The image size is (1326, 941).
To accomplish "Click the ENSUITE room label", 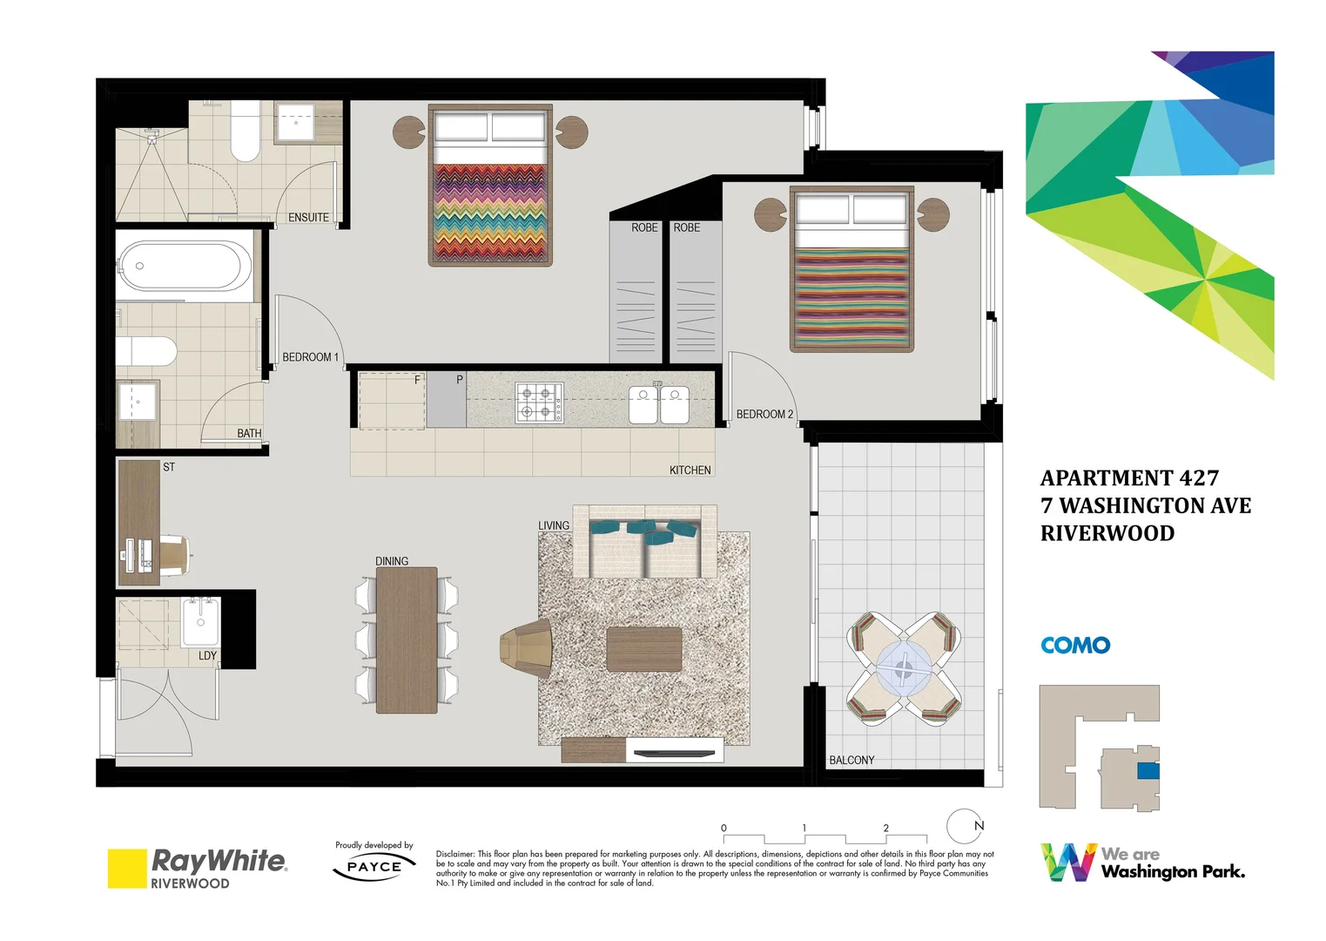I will click(308, 218).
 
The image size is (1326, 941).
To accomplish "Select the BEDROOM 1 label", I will click(310, 357).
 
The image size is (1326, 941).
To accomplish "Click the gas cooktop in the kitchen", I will click(539, 403).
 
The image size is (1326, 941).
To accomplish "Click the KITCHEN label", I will click(690, 470).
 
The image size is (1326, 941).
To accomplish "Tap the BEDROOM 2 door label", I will click(764, 415).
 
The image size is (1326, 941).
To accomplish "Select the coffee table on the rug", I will click(644, 649).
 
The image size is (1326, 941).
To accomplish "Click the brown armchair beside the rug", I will click(528, 648).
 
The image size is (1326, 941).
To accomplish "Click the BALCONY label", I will click(851, 761).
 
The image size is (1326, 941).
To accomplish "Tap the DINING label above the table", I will click(392, 561).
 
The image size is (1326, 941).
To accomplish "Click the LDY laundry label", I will click(207, 656).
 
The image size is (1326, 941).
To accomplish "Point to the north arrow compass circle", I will click(965, 827).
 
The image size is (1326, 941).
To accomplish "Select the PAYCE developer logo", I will click(374, 867).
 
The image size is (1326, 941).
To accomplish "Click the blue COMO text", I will click(1075, 646).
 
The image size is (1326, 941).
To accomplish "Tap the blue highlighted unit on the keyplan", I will click(1148, 771).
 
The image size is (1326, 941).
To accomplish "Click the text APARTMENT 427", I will click(1129, 478).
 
